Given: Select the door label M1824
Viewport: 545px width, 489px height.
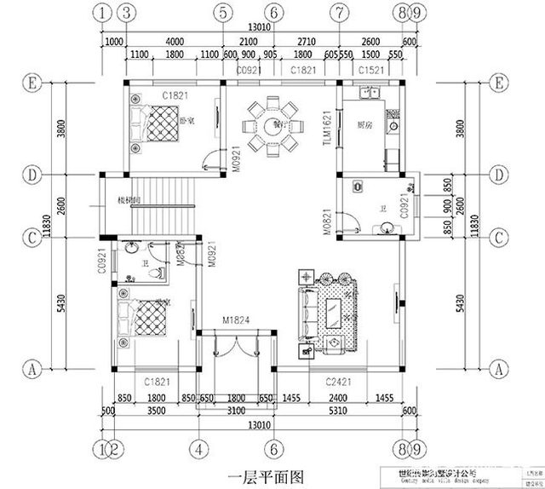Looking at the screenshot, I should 235,321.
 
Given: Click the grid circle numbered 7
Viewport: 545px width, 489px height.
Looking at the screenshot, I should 339,13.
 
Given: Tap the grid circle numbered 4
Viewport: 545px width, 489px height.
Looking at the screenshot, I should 198,448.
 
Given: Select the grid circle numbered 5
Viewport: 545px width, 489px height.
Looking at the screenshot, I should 222,13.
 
